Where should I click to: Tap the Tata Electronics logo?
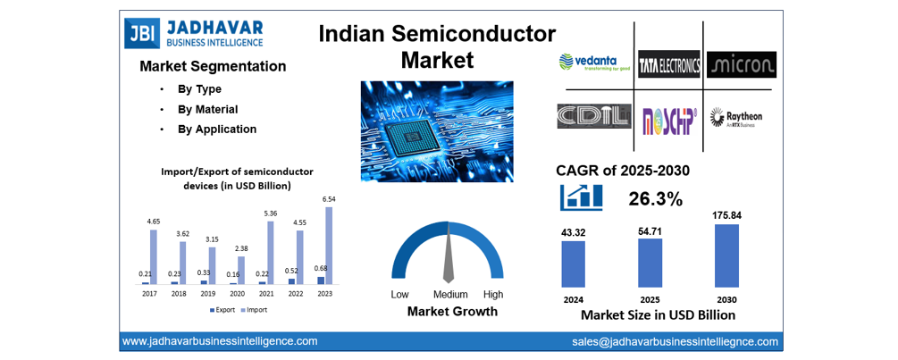pyautogui.click(x=668, y=64)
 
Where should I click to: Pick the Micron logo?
pyautogui.click(x=741, y=64)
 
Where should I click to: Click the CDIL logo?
pyautogui.click(x=589, y=117)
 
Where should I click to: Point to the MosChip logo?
pyautogui.click(x=669, y=119)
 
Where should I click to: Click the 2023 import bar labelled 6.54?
pyautogui.click(x=329, y=246)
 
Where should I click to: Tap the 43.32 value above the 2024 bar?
pyautogui.click(x=573, y=233)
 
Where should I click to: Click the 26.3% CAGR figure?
pyautogui.click(x=656, y=198)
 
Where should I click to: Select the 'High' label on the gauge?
pyautogui.click(x=493, y=294)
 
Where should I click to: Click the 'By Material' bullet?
pyautogui.click(x=207, y=109)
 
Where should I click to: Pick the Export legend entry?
pyautogui.click(x=224, y=310)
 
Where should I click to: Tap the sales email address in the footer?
pyautogui.click(x=675, y=341)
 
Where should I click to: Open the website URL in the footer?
pyautogui.click(x=220, y=341)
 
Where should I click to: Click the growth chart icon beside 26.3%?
pyautogui.click(x=581, y=197)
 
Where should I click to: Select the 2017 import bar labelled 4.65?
pyautogui.click(x=154, y=257)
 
